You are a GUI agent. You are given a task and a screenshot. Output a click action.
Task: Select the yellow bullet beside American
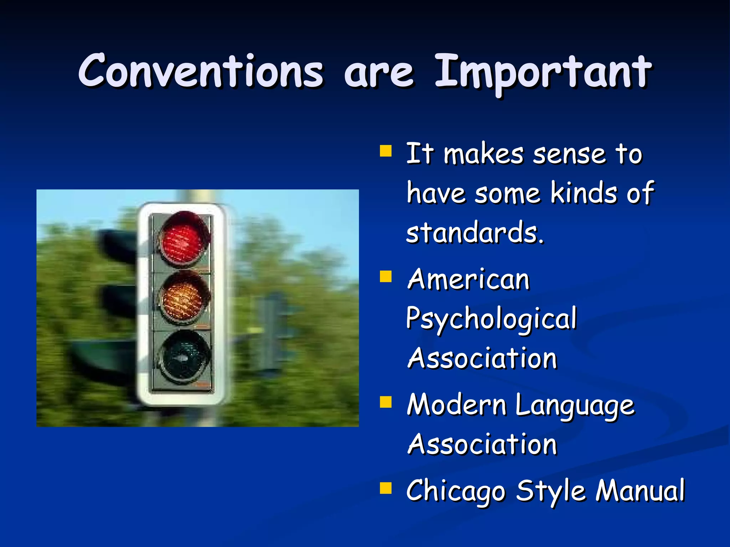pos(386,276)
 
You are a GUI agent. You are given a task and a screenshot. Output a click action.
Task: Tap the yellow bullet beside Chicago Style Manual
pos(386,488)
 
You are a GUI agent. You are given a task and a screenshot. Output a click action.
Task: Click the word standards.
pos(475,233)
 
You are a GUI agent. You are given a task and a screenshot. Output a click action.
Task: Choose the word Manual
pos(640,491)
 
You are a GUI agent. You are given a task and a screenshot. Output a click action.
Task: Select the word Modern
pos(457,405)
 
